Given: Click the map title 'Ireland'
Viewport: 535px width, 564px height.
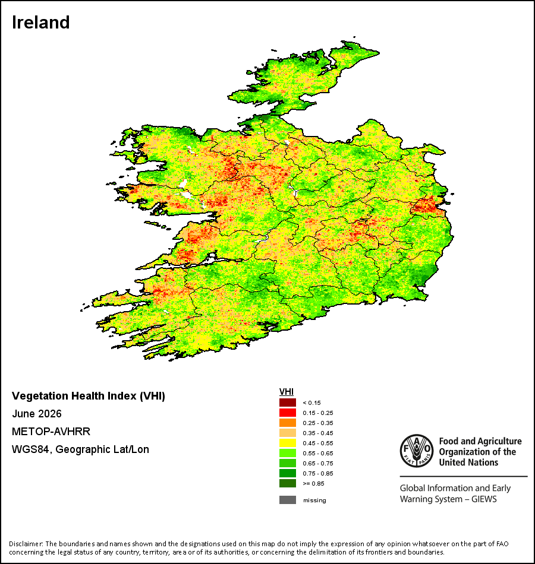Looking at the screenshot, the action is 40,23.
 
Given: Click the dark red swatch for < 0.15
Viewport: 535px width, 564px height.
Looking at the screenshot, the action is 288,403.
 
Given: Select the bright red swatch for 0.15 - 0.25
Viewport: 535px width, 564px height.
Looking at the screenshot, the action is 288,413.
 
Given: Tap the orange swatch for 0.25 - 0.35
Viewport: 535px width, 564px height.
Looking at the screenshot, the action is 288,423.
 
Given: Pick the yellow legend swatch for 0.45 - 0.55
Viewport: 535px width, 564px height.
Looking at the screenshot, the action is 288,443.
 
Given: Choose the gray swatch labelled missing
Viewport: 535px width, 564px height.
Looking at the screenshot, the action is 288,500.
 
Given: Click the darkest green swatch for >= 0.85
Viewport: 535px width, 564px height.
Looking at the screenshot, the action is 288,483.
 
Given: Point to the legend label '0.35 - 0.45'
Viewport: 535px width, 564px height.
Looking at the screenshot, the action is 318,433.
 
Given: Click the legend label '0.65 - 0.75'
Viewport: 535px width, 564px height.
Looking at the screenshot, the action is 318,463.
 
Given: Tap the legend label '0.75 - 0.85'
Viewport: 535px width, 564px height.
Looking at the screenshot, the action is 318,473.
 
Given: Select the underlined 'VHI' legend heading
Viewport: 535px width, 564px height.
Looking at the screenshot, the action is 287,392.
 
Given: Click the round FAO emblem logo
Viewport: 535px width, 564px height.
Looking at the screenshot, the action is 417,451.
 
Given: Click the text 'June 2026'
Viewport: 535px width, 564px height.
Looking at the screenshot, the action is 37,414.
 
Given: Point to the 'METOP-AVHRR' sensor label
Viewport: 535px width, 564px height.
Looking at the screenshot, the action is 51,431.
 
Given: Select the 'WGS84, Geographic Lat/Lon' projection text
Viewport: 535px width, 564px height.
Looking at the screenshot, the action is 80,449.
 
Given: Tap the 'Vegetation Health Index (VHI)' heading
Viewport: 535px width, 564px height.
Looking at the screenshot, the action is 89,396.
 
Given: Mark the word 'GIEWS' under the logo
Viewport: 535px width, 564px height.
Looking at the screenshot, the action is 484,499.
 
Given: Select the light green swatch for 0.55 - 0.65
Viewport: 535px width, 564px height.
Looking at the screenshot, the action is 288,453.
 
